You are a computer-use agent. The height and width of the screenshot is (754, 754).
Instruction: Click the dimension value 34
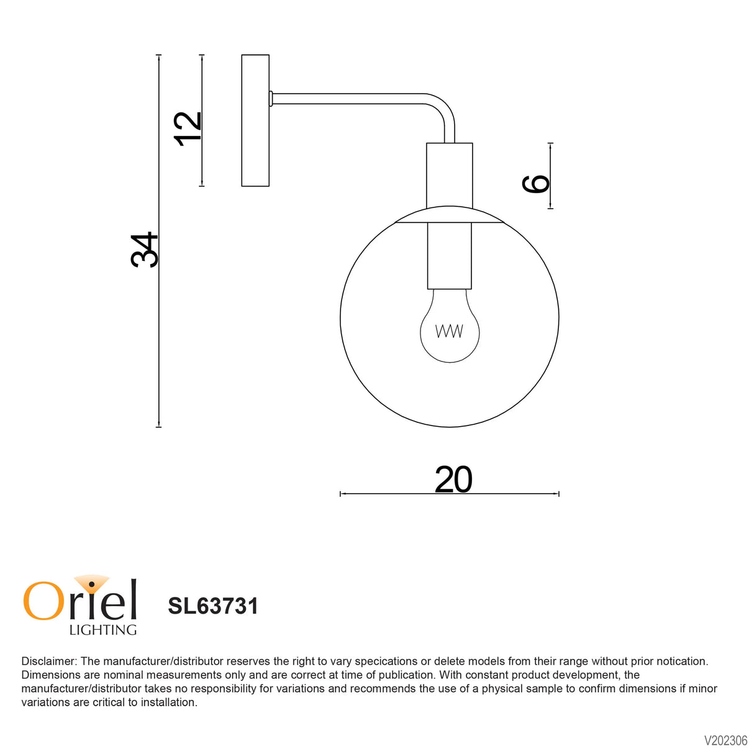tap(145, 250)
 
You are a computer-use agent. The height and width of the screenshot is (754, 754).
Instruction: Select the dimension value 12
tap(188, 129)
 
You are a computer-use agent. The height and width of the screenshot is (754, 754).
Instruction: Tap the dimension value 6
tap(536, 183)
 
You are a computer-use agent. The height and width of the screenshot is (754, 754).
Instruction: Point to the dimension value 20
tap(453, 479)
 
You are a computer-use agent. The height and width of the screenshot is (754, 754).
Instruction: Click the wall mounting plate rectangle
tap(255, 120)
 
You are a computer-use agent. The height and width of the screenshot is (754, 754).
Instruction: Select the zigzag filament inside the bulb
tap(449, 331)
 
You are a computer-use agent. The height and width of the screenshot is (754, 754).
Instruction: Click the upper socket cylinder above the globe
tap(449, 175)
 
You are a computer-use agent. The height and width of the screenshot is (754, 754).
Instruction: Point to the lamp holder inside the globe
tap(449, 255)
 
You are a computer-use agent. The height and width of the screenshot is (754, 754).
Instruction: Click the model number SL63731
tap(212, 606)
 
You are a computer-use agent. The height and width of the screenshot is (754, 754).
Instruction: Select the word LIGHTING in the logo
tap(102, 630)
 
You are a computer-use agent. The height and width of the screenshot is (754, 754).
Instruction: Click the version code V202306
tap(725, 740)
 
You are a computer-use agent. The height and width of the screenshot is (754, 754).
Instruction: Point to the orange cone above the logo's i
tap(92, 581)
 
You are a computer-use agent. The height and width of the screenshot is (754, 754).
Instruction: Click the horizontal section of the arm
tap(348, 99)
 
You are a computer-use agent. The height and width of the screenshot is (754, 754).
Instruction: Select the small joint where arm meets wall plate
tap(271, 98)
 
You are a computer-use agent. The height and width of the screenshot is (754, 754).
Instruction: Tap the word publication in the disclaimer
tap(404, 675)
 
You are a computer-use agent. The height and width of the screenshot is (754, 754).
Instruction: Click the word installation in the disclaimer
tap(167, 702)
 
